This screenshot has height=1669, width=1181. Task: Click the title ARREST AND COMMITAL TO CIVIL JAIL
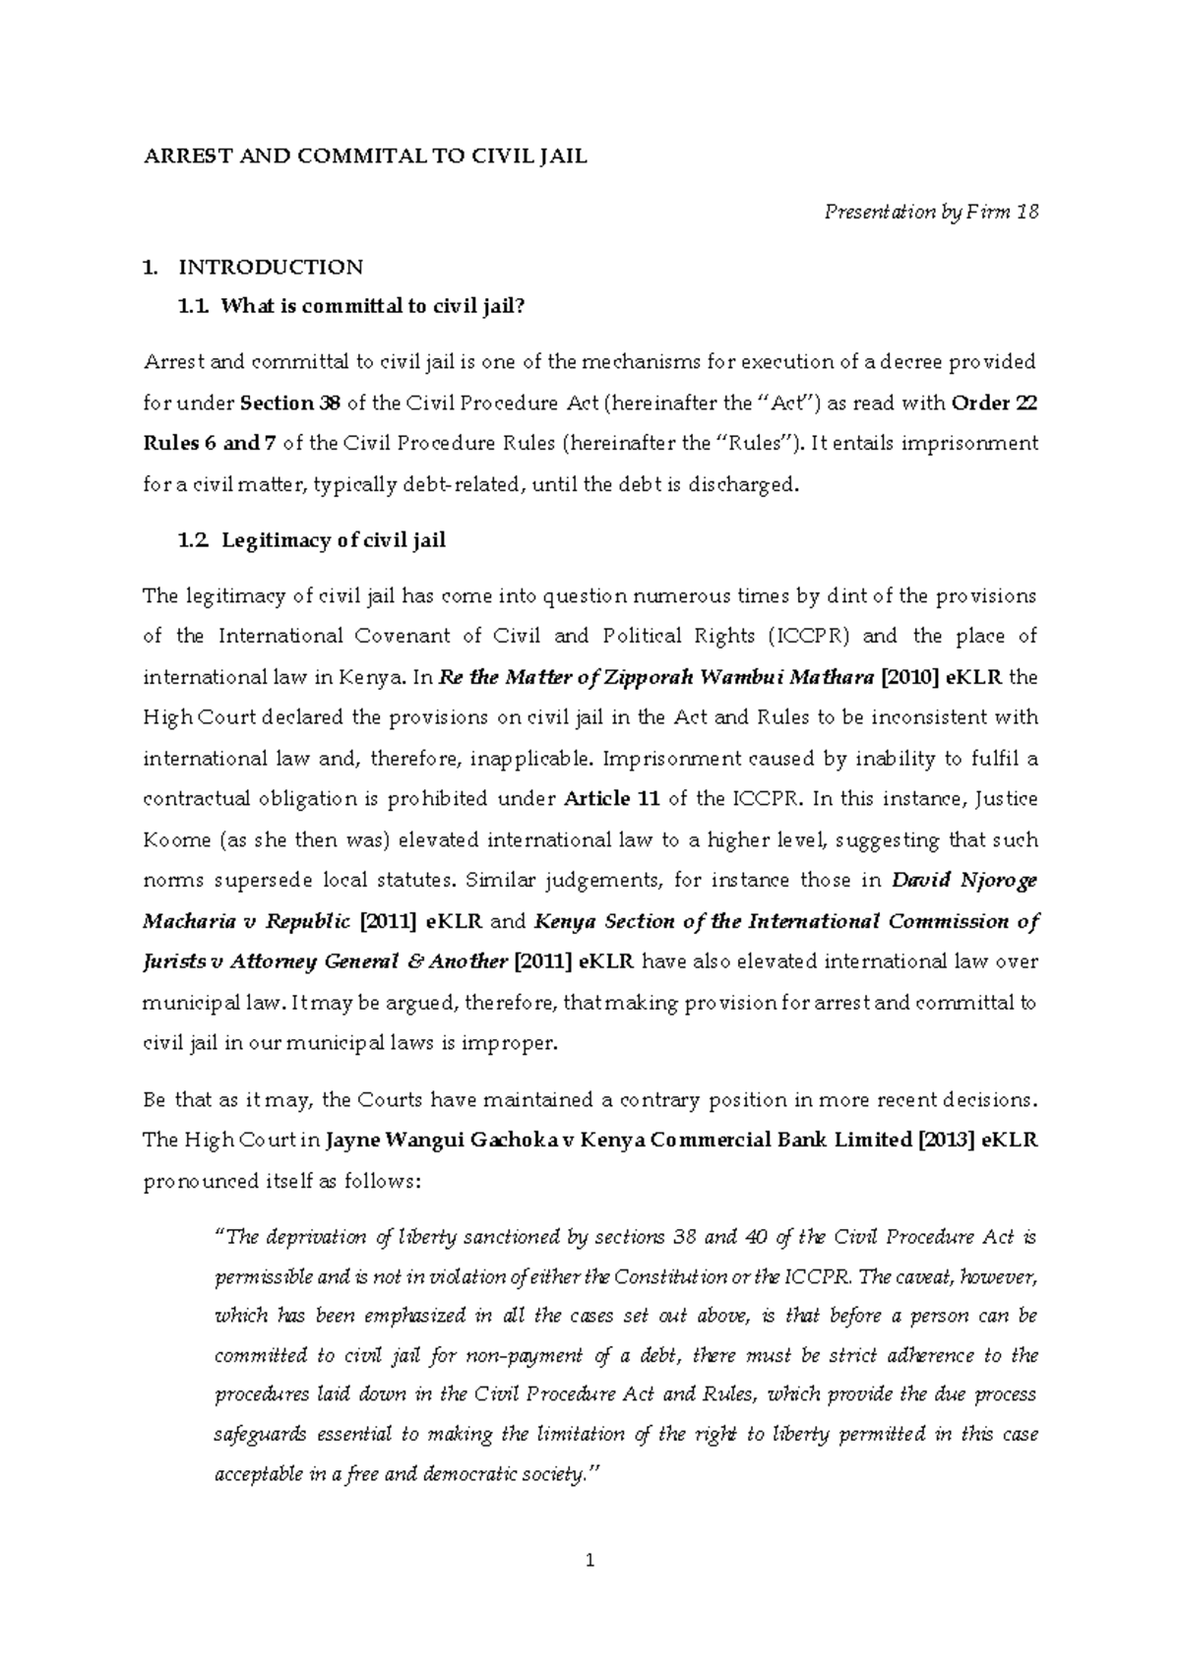pos(365,156)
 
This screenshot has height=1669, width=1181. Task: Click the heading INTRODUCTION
pos(271,267)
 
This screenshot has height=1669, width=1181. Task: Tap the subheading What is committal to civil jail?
pos(367,307)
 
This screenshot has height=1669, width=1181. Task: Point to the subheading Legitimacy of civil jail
pos(334,539)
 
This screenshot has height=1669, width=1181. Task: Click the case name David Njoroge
pos(964,881)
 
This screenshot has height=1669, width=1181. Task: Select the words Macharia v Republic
pos(247,921)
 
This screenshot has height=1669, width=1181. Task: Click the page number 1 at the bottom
pos(590,1560)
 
